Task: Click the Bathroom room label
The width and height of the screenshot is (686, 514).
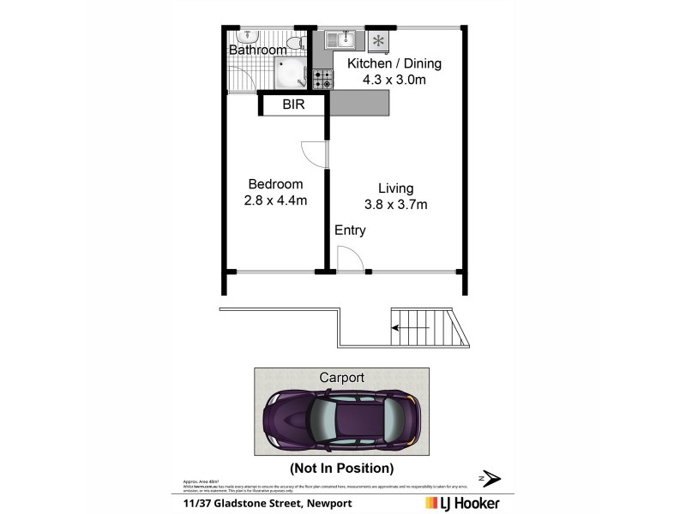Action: (x=257, y=51)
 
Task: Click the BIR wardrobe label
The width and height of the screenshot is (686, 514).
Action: (x=294, y=105)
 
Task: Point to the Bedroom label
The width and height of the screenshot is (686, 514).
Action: (x=275, y=184)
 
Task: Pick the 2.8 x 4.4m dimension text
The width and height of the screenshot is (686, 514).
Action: (x=275, y=200)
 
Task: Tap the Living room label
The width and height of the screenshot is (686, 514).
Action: (x=394, y=188)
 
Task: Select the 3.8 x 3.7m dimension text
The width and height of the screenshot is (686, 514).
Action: (x=394, y=204)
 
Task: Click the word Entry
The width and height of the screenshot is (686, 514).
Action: (x=350, y=230)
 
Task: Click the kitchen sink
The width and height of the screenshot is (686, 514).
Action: (x=345, y=39)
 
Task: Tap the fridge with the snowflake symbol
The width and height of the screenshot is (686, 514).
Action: (x=378, y=40)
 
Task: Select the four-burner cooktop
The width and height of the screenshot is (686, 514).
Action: (x=322, y=80)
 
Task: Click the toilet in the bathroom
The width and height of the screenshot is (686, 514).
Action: (x=294, y=42)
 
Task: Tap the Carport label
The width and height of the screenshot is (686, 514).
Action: (x=341, y=377)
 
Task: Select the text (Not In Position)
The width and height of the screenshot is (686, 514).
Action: (x=341, y=469)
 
